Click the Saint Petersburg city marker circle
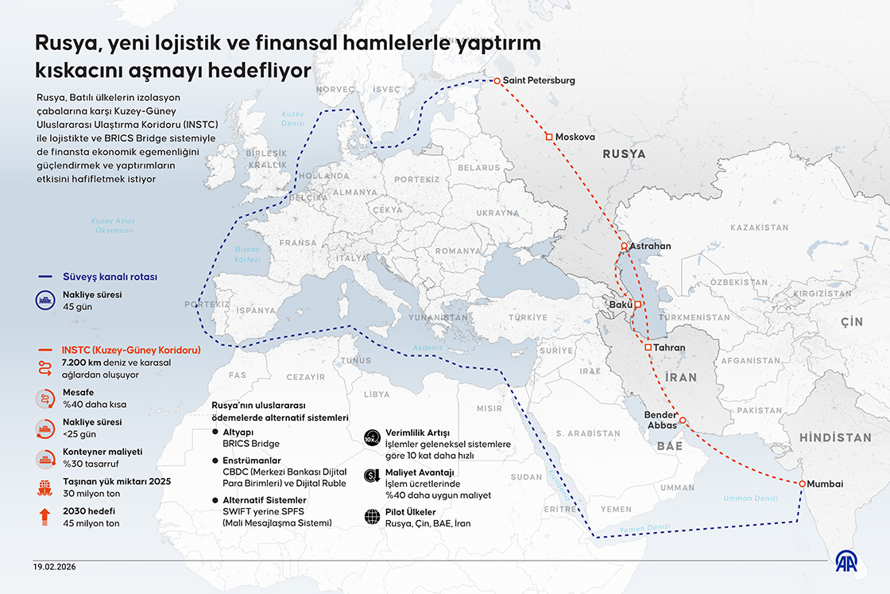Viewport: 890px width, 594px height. [x=497, y=81]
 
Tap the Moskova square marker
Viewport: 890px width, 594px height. [x=548, y=137]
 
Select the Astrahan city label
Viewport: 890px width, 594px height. [x=650, y=247]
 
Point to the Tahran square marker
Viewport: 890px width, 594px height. [x=648, y=347]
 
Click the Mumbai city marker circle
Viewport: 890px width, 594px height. [x=803, y=484]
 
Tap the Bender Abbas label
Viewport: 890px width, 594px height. [x=660, y=420]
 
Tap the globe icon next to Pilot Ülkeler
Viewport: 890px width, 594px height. [x=372, y=517]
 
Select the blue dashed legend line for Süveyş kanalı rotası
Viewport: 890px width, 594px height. [x=47, y=277]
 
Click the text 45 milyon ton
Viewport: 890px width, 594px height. [x=91, y=523]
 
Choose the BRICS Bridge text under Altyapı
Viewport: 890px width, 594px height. [x=251, y=444]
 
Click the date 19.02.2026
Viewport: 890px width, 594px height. [x=56, y=566]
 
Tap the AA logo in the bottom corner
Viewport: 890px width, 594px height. [x=853, y=561]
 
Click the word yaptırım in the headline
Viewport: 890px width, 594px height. [x=495, y=45]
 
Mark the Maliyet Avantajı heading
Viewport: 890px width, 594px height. [x=420, y=472]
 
